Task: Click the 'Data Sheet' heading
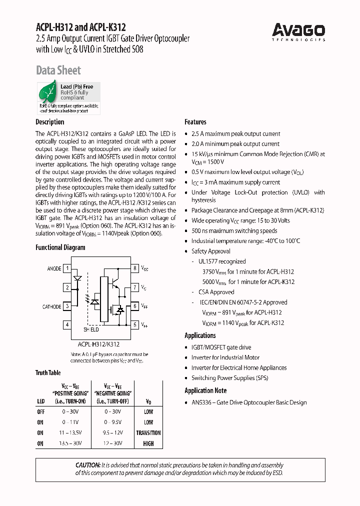pos(58,70)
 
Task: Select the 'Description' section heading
pos(50,122)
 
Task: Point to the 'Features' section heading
pos(195,122)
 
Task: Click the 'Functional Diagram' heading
pos(60,247)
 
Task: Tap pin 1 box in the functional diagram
pos(67,268)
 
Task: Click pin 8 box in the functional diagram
pos(134,268)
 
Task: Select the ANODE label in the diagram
pos(54,269)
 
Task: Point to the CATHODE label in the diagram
pos(51,306)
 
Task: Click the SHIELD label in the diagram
pos(91,330)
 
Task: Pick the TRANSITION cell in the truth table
pos(148,433)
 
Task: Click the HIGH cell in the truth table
pos(148,443)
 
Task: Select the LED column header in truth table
pos(40,401)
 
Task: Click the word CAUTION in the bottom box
pos(88,465)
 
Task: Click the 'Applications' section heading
pos(200,335)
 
